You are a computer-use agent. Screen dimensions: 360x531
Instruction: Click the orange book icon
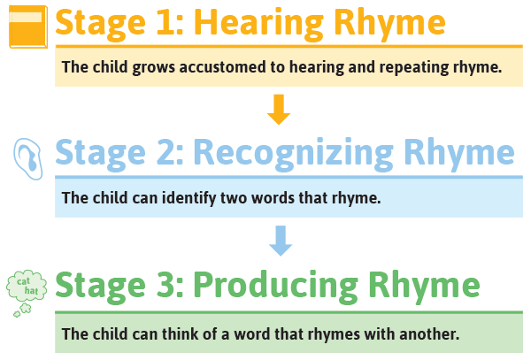click(x=27, y=26)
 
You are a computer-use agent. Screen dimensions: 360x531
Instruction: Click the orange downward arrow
click(x=279, y=109)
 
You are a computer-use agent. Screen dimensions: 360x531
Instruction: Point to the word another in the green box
click(x=427, y=334)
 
